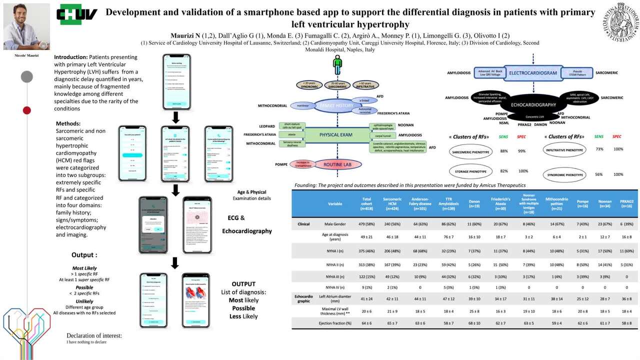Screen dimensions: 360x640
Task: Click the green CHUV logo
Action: [x=77, y=14]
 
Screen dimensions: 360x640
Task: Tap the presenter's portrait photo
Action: [x=26, y=26]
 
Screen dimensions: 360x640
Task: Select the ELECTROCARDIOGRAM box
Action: [x=532, y=73]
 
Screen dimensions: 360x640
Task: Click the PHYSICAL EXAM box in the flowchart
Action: [x=336, y=134]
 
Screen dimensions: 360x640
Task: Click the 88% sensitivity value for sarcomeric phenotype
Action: [x=504, y=151]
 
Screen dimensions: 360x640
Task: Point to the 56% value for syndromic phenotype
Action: [x=598, y=174]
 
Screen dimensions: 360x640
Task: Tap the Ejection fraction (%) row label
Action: [x=335, y=323]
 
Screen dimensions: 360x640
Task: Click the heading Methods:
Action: [x=68, y=123]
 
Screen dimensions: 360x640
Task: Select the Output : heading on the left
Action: [x=84, y=255]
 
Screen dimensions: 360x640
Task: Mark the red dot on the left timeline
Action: [x=27, y=110]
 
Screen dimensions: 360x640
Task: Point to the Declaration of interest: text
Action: [x=94, y=335]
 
